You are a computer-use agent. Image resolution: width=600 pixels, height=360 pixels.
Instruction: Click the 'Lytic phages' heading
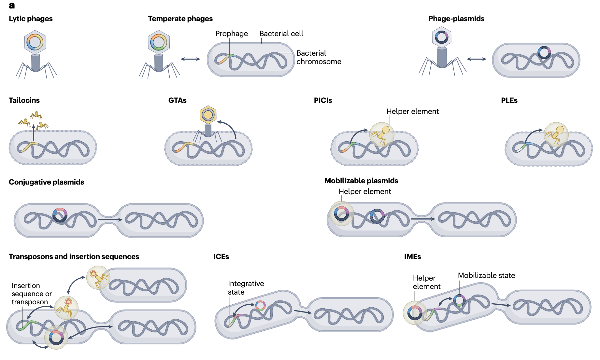[31, 19]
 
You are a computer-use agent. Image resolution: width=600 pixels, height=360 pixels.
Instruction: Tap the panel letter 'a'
[12, 6]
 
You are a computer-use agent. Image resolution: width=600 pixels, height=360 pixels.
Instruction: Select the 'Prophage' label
[232, 34]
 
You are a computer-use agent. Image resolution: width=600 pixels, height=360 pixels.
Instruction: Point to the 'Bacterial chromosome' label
[319, 58]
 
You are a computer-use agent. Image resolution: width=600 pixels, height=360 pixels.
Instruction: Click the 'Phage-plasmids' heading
[456, 19]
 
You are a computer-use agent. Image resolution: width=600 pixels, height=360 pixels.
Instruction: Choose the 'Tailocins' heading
[24, 101]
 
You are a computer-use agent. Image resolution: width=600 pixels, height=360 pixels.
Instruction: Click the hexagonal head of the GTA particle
[208, 115]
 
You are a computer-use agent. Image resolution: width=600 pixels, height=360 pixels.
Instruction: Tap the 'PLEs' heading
[509, 101]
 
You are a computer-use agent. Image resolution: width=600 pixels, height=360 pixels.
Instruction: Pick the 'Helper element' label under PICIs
[412, 112]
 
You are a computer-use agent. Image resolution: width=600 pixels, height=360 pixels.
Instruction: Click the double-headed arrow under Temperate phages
[190, 59]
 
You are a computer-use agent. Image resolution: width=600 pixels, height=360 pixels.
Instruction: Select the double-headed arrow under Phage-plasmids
[476, 59]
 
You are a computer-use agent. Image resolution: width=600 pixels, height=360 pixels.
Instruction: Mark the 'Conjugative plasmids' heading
[46, 182]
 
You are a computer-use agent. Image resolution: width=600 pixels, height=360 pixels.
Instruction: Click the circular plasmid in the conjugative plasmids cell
[60, 215]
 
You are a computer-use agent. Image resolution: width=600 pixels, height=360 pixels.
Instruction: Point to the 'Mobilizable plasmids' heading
[361, 181]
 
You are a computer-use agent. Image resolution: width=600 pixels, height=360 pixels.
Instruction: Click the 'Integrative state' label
[246, 288]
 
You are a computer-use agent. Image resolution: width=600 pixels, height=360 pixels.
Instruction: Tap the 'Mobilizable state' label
[486, 276]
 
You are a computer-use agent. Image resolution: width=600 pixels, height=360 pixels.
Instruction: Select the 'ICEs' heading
[221, 257]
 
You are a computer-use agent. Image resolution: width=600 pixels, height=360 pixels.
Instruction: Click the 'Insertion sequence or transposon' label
[31, 294]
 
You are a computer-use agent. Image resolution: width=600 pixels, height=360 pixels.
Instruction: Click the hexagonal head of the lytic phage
[35, 42]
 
